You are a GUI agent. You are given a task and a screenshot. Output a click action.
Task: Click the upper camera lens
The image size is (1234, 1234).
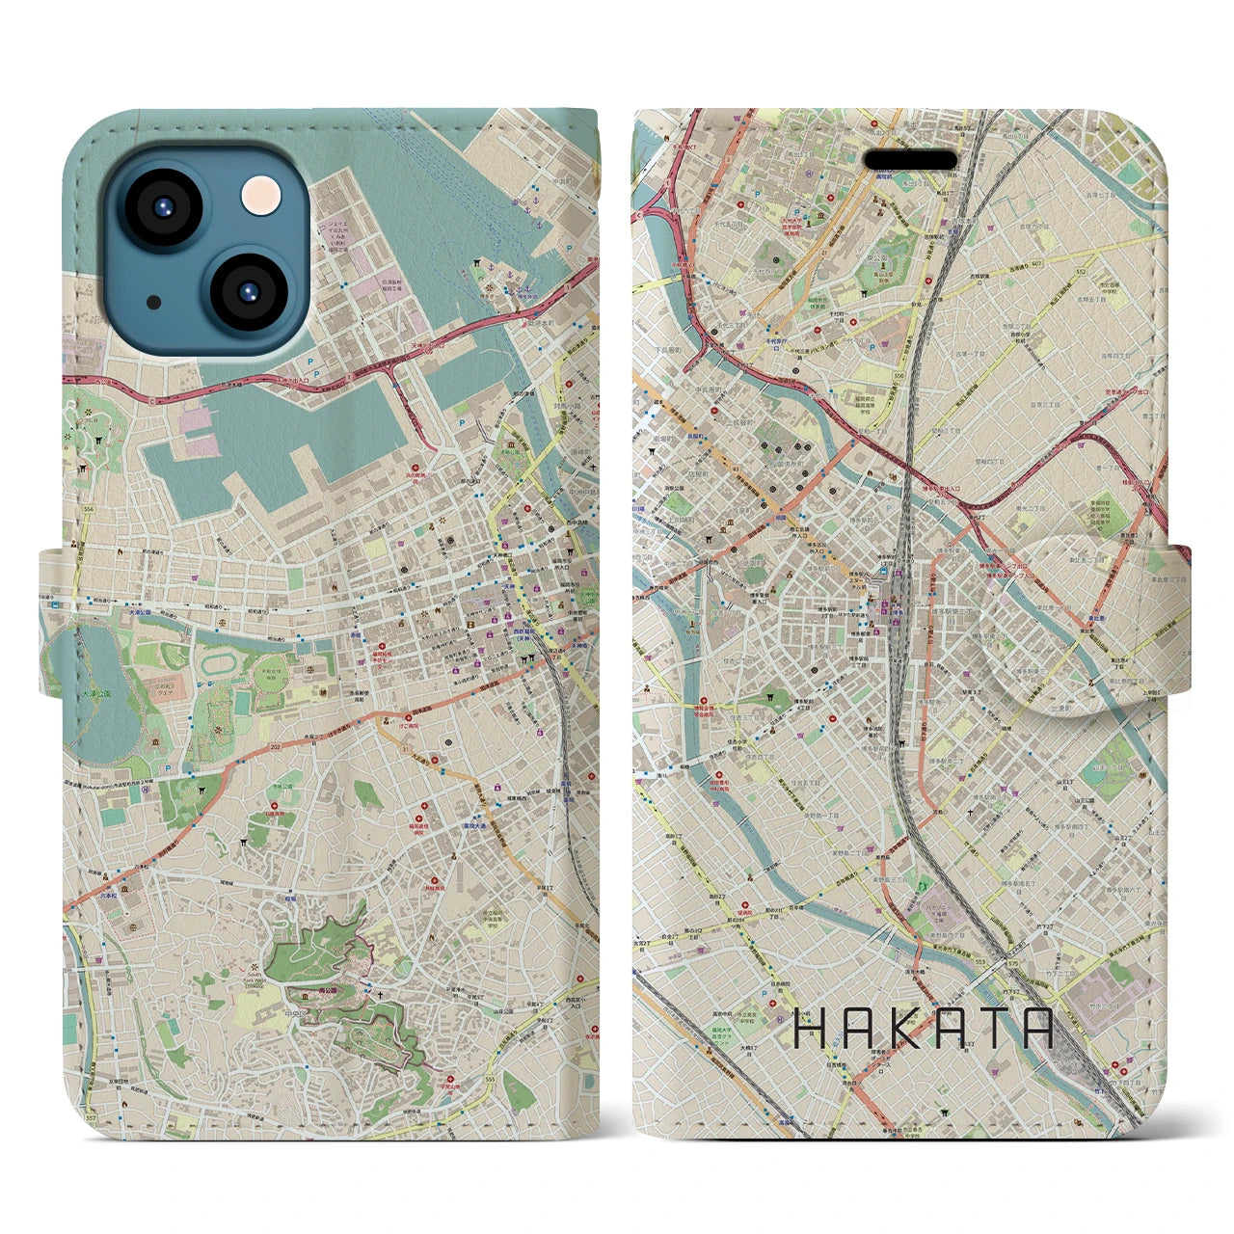pyautogui.click(x=161, y=208)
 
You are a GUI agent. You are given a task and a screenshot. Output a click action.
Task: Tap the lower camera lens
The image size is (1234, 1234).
pyautogui.click(x=246, y=292)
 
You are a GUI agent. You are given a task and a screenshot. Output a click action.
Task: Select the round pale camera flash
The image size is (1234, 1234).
pyautogui.click(x=262, y=196)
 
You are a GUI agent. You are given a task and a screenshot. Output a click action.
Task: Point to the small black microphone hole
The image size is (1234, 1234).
pyautogui.click(x=154, y=302)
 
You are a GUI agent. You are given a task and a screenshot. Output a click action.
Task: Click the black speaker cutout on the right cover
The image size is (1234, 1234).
pyautogui.click(x=909, y=160)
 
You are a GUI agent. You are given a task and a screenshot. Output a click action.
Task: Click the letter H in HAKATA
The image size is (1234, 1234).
pyautogui.click(x=809, y=1029)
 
